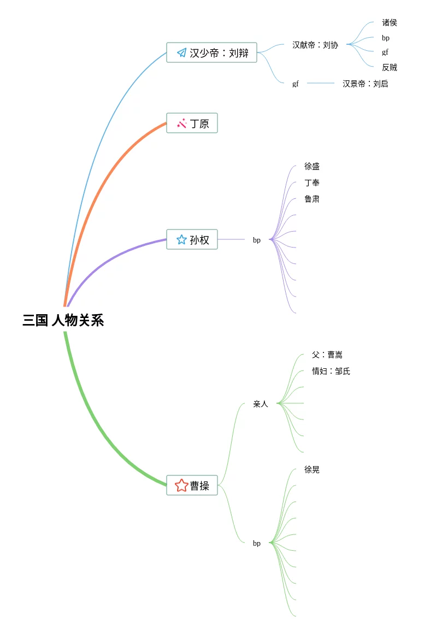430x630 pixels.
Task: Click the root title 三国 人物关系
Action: [63, 320]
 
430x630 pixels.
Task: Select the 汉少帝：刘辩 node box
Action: [211, 52]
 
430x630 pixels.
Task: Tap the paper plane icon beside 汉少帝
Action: [181, 52]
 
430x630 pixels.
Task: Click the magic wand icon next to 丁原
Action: [182, 123]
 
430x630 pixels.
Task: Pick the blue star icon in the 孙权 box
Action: [181, 239]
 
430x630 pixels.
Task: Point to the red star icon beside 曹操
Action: [181, 485]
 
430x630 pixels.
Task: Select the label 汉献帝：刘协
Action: [315, 45]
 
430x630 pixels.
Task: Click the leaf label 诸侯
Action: [390, 22]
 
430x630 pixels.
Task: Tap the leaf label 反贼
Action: [390, 67]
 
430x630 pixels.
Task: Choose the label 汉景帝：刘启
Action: [366, 84]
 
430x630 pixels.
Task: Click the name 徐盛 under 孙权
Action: [312, 166]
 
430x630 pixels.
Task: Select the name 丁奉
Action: [312, 182]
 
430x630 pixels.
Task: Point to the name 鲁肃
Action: [312, 199]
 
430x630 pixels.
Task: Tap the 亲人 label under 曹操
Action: [261, 404]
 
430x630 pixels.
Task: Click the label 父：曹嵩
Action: [327, 355]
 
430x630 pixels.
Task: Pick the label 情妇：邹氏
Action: [331, 371]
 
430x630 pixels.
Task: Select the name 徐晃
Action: [312, 469]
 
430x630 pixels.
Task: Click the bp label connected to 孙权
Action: [257, 240]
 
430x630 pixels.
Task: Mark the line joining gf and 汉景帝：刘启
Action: [321, 83]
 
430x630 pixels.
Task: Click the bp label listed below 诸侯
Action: [386, 38]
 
